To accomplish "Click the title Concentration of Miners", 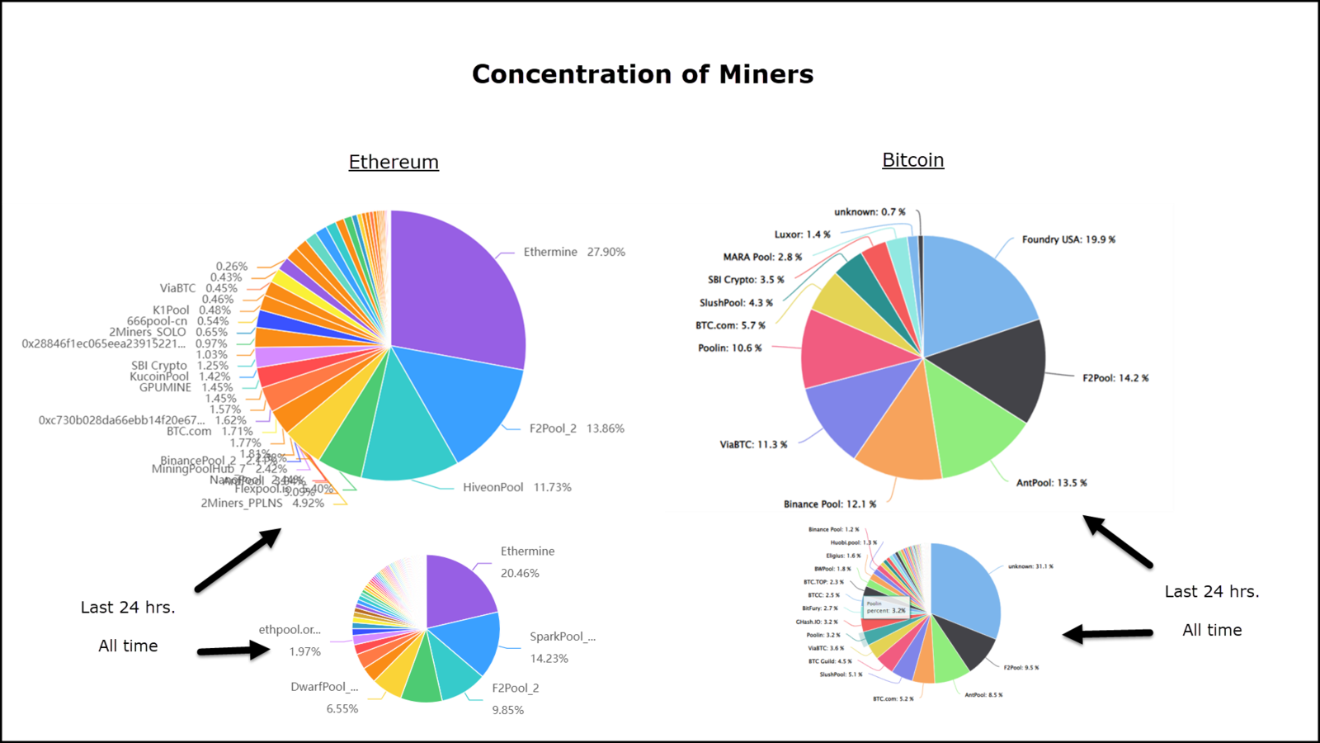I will tap(642, 74).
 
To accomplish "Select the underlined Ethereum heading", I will tap(394, 162).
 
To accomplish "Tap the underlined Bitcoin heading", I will tap(912, 160).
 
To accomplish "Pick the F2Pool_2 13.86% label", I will tap(577, 428).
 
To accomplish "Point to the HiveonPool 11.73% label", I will tap(516, 487).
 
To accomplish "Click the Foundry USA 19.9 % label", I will tap(1068, 239).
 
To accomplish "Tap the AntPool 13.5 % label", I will tap(1051, 483).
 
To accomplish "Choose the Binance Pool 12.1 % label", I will tap(829, 504).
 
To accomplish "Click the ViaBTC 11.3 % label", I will tap(753, 444).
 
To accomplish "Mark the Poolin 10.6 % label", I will tap(729, 348).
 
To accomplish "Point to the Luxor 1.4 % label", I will tap(802, 234).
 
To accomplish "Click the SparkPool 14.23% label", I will tap(561, 646).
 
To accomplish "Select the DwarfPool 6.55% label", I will tap(330, 697).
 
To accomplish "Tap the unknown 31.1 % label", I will tap(1030, 566).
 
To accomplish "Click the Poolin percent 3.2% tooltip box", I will tap(886, 607).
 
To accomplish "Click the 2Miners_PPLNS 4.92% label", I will tap(262, 503).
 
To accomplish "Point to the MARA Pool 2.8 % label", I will tap(762, 257).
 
